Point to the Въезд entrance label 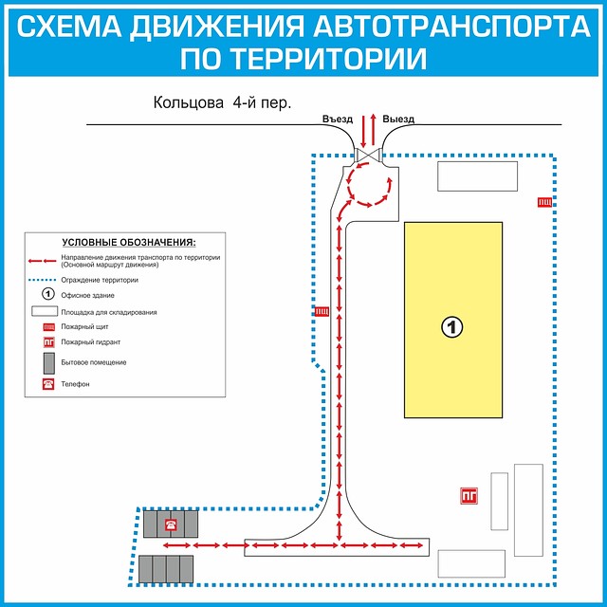pyautogui.click(x=338, y=120)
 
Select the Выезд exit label pyautogui.click(x=399, y=120)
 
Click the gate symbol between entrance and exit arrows pyautogui.click(x=368, y=156)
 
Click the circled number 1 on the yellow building pyautogui.click(x=452, y=327)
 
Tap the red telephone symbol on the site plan pyautogui.click(x=171, y=524)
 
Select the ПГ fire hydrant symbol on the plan pyautogui.click(x=468, y=494)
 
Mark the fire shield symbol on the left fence pyautogui.click(x=322, y=309)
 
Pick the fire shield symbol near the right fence pyautogui.click(x=545, y=200)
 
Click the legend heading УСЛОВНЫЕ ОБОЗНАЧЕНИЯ pyautogui.click(x=128, y=243)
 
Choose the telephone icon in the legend pyautogui.click(x=46, y=384)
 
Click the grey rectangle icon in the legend pyautogui.click(x=46, y=362)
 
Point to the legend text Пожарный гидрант pyautogui.click(x=91, y=341)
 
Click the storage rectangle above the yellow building pyautogui.click(x=477, y=176)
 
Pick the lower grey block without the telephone pyautogui.click(x=167, y=569)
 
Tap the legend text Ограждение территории pyautogui.click(x=101, y=281)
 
